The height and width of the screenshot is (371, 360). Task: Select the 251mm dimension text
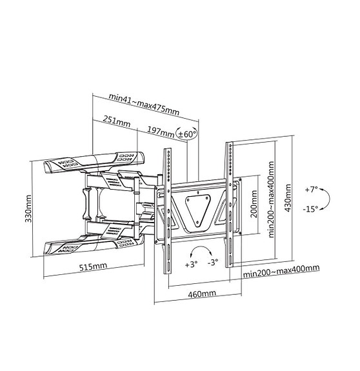(116, 121)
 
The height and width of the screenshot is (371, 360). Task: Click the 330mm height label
(29, 208)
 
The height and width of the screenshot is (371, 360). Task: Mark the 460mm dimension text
(201, 294)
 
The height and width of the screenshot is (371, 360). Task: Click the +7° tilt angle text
(312, 190)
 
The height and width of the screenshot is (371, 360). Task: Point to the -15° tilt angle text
(312, 209)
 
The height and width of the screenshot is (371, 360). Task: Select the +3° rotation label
(191, 264)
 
